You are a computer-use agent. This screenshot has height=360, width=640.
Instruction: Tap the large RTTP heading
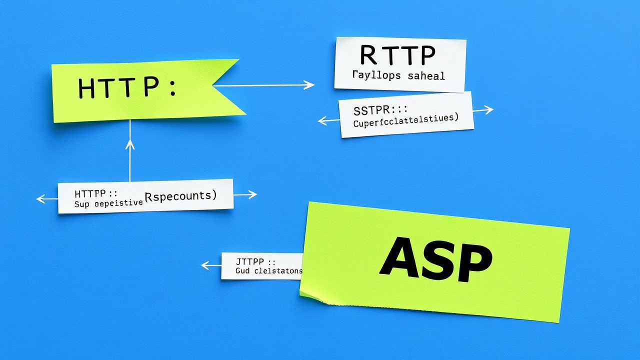(x=397, y=56)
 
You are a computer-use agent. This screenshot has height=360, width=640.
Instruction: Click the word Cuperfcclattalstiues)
(x=405, y=121)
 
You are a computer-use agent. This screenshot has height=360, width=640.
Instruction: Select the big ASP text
(x=435, y=260)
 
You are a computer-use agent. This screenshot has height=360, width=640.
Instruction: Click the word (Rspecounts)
(x=180, y=195)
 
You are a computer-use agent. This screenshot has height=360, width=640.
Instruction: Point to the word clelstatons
(x=278, y=271)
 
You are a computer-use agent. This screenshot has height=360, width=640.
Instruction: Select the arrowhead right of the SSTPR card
(x=490, y=110)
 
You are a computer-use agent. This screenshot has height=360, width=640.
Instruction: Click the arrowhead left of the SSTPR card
(x=321, y=120)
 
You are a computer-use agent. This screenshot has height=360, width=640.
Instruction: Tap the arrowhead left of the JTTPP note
(x=204, y=265)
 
